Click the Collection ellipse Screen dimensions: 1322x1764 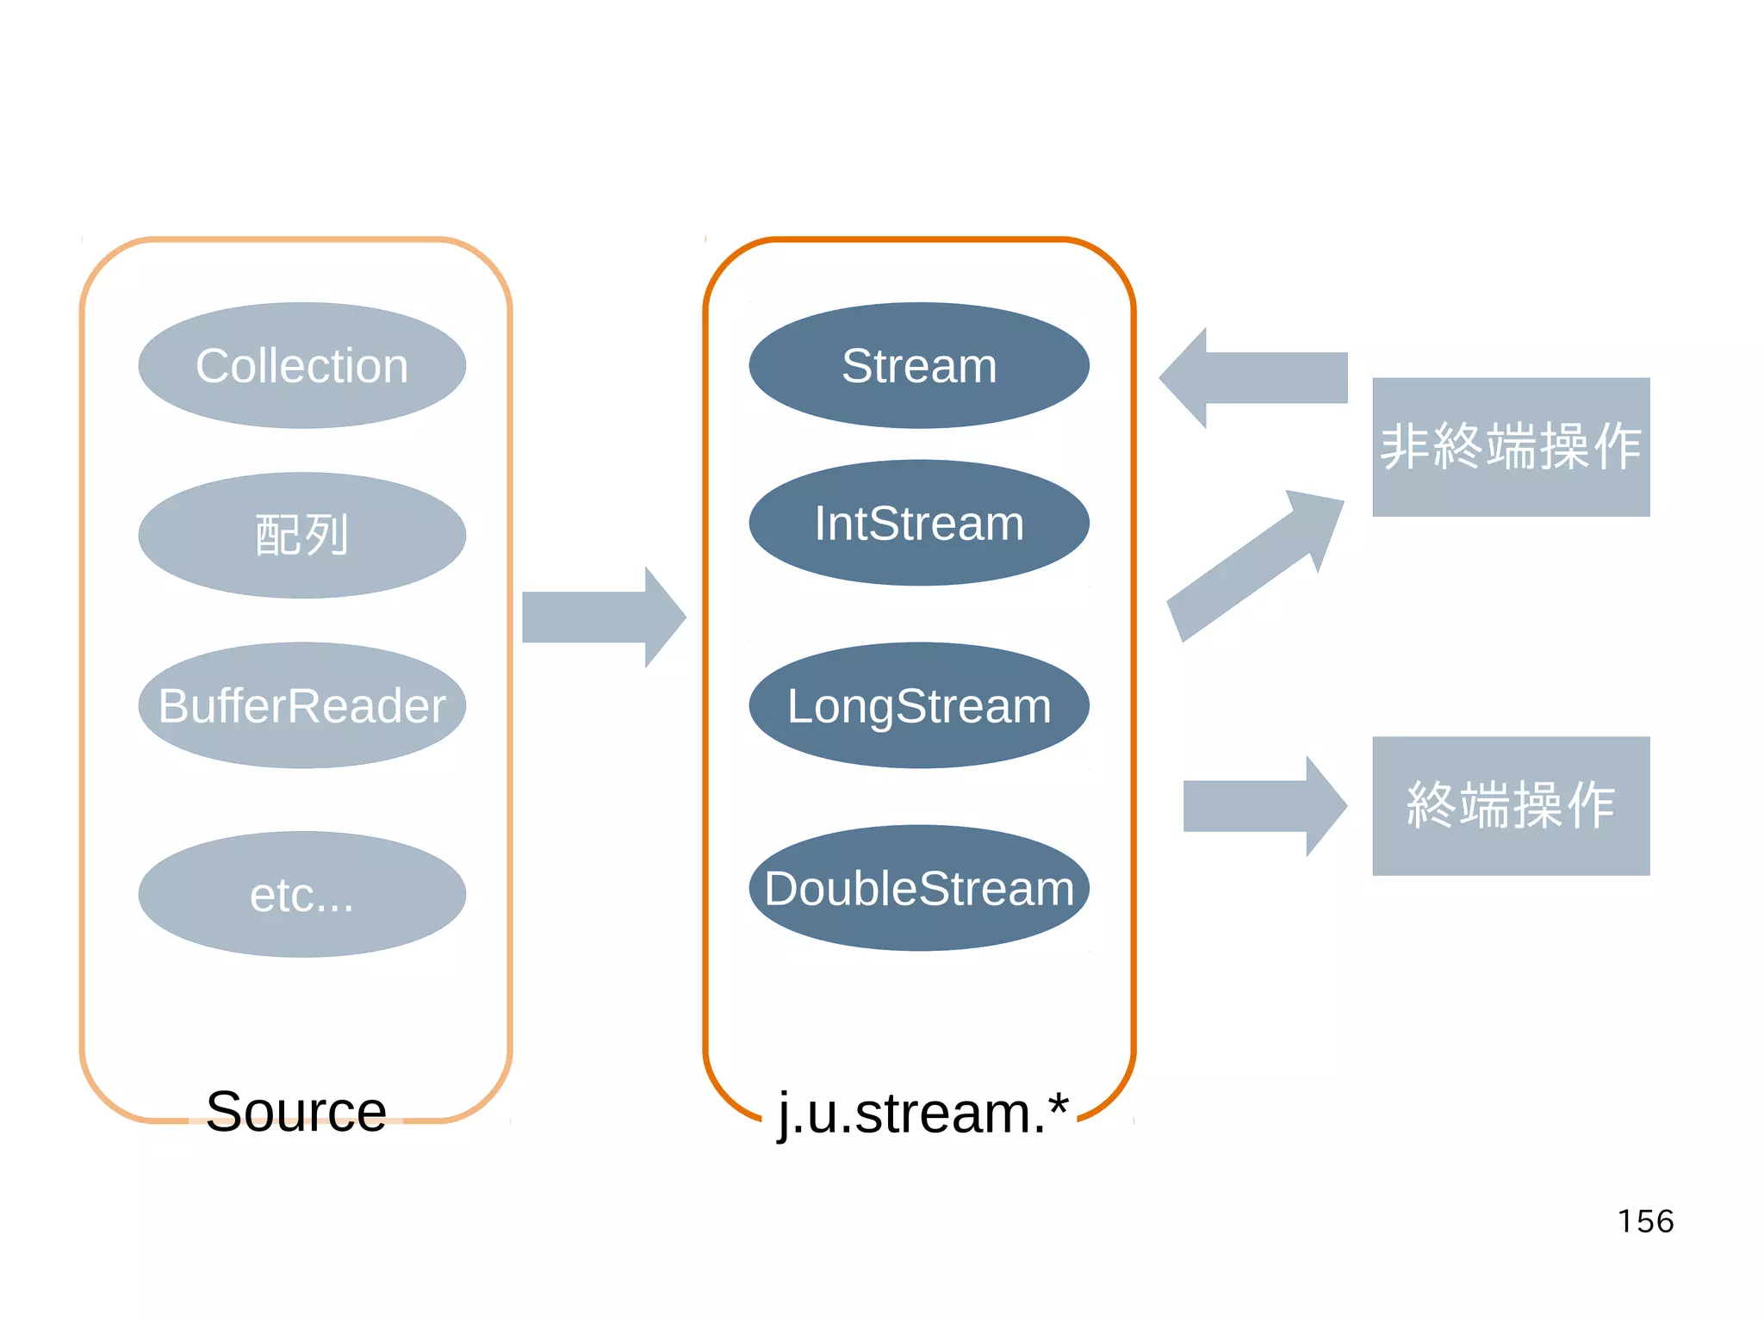[301, 365]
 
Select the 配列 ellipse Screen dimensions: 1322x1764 [301, 535]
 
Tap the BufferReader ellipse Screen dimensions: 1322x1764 [301, 705]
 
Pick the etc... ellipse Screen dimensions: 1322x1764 [301, 894]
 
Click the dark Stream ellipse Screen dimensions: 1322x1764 [919, 365]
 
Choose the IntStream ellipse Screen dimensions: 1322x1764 [919, 523]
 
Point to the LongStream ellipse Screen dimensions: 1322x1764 [919, 705]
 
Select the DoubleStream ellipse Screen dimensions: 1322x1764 [919, 888]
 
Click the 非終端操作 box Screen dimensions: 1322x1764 [1511, 447]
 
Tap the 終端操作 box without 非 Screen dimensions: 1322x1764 [1511, 805]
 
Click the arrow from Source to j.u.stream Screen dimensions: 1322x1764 [603, 617]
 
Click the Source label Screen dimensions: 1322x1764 [296, 1111]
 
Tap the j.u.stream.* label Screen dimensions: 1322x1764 [922, 1113]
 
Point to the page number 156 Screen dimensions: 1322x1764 [1645, 1221]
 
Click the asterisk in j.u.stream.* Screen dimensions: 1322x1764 [1059, 1103]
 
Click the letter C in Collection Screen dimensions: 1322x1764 [212, 366]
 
